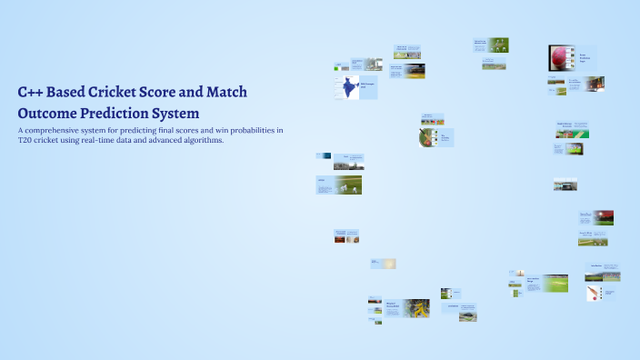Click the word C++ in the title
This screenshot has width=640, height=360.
[31, 93]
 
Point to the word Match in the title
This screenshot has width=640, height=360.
[225, 93]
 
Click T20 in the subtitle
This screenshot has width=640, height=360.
[25, 141]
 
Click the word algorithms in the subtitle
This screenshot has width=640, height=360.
[205, 141]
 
